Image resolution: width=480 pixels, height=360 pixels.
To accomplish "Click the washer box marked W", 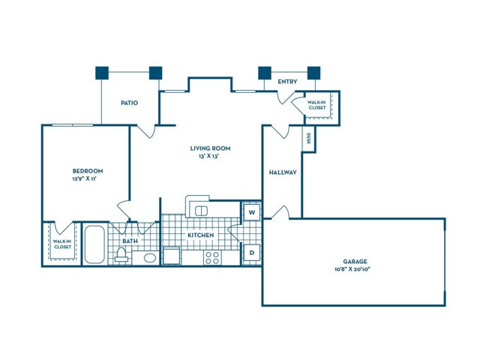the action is [252, 212].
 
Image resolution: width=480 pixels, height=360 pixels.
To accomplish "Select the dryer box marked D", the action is [252, 253].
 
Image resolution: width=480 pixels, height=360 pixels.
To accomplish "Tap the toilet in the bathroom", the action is [121, 255].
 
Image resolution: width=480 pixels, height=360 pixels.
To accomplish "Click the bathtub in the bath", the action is [94, 244].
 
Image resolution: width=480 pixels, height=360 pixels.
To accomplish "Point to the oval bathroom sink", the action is [150, 258].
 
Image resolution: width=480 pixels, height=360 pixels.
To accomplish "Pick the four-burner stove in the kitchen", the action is [212, 257].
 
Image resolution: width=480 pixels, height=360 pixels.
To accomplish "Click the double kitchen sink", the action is [201, 211].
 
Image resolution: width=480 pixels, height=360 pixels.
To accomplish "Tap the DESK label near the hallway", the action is [308, 138].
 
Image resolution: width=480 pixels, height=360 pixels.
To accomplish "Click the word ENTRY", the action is [287, 82].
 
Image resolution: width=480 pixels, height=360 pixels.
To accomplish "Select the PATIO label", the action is [129, 103].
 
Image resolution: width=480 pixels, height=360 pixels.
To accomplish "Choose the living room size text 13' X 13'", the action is [210, 156].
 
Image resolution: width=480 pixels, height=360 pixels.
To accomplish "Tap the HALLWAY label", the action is [283, 172].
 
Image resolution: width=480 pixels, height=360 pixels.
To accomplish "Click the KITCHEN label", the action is [200, 235].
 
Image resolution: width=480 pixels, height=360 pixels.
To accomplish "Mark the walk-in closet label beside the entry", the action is [317, 105].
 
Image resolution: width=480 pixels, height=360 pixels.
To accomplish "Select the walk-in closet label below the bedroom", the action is [62, 244].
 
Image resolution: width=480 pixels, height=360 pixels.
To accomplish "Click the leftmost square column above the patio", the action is [102, 73].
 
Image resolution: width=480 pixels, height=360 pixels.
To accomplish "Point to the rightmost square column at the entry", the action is [313, 73].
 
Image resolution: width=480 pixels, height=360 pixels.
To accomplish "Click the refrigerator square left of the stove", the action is [172, 256].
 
